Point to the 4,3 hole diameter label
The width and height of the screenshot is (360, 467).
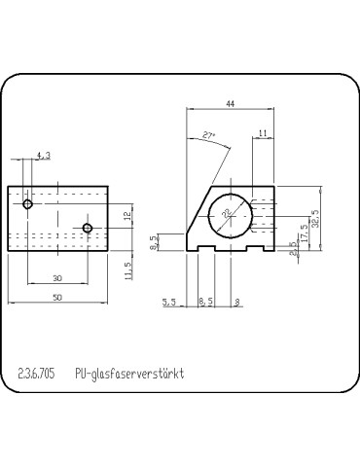pos(43,155)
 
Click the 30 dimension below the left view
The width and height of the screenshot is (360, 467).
pos(57,278)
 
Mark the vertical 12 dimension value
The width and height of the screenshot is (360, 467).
pos(126,216)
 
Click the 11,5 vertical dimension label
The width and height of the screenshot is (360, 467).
pos(126,268)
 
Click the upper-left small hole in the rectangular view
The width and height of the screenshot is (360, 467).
pos(29,204)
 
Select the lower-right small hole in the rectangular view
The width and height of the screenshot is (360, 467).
pos(88,229)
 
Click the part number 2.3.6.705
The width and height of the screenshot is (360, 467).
pos(37,373)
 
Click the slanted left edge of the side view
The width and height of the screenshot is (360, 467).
pos(198,212)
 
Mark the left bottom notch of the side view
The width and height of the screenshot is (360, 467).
pos(207,249)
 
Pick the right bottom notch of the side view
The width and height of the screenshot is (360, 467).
pos(254,249)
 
